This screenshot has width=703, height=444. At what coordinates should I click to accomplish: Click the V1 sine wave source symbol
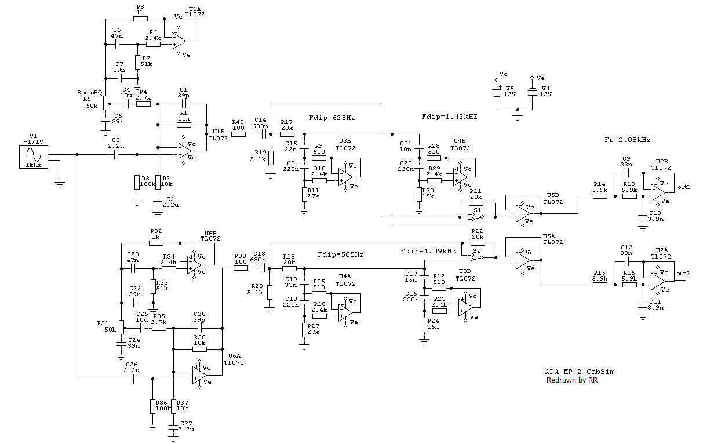(x=34, y=157)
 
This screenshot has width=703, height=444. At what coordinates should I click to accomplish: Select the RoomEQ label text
(x=90, y=93)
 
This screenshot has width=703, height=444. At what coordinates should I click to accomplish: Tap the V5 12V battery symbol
(x=497, y=92)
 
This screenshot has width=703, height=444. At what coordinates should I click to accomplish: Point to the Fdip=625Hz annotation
(x=332, y=118)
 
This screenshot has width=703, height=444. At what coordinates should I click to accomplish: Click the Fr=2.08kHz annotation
(x=627, y=140)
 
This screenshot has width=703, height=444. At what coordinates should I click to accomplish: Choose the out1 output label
(x=684, y=187)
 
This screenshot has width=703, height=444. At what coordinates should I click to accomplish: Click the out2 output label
(x=683, y=274)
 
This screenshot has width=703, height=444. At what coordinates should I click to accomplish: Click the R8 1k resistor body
(x=140, y=19)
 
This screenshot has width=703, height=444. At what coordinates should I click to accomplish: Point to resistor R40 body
(x=238, y=134)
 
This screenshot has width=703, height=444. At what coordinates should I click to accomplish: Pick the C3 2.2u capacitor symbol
(x=116, y=154)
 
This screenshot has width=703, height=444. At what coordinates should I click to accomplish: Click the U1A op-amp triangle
(x=179, y=41)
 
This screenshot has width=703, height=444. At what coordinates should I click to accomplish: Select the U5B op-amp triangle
(x=523, y=213)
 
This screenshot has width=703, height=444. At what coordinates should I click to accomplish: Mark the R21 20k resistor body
(x=476, y=203)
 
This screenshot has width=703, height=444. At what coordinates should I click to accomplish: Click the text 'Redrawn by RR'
(x=572, y=380)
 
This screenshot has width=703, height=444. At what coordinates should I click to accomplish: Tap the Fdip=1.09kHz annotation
(x=428, y=251)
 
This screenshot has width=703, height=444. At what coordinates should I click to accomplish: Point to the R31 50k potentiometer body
(x=122, y=327)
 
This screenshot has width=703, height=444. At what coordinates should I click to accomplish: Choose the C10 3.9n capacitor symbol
(x=642, y=217)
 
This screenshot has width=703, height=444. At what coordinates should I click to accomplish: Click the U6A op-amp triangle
(x=200, y=375)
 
